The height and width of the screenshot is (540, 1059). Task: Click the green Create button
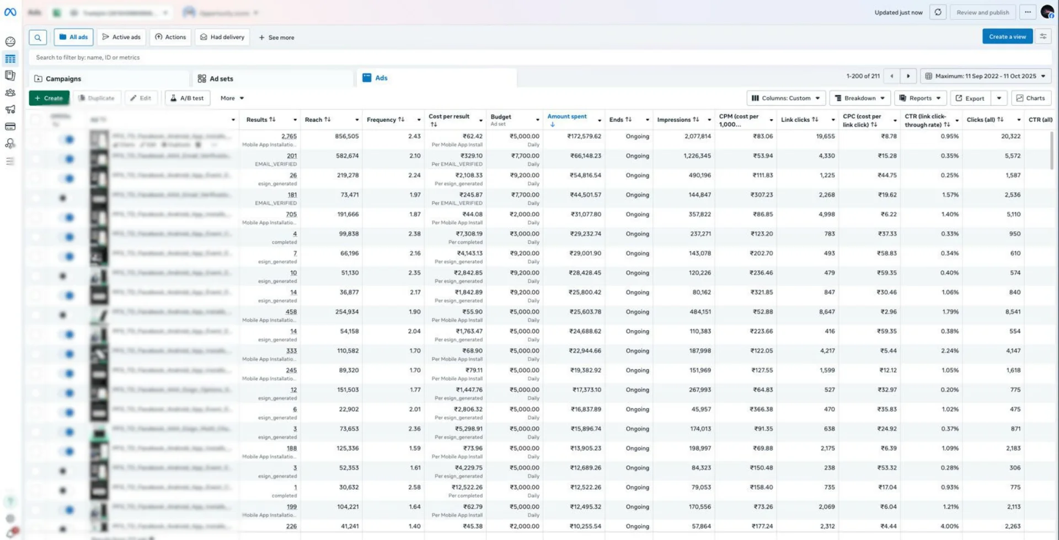[x=49, y=98]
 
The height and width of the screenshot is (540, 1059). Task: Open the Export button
[x=970, y=98]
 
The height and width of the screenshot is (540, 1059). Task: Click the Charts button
[x=1030, y=98]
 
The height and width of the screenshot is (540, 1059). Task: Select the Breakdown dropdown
[x=859, y=98]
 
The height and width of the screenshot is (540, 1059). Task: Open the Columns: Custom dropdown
[x=786, y=98]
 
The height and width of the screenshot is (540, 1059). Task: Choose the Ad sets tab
[x=221, y=79]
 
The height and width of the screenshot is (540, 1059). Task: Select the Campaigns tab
[x=63, y=79]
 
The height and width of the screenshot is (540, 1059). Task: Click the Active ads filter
[x=121, y=37]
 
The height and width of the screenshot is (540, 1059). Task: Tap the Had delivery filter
[x=222, y=37]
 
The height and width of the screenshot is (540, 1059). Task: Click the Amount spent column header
[x=567, y=117]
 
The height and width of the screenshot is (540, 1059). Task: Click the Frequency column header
[x=382, y=120]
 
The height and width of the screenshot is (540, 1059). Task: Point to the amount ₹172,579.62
[x=584, y=136]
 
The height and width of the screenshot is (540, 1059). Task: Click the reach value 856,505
[x=346, y=136]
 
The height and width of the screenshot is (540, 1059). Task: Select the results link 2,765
[x=288, y=136]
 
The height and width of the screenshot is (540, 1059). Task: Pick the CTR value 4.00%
[x=949, y=526]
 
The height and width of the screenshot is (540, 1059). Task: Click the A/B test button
[x=187, y=98]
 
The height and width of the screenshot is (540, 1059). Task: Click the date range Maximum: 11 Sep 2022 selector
[x=985, y=76]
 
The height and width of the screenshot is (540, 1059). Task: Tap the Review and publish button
[x=982, y=12]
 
